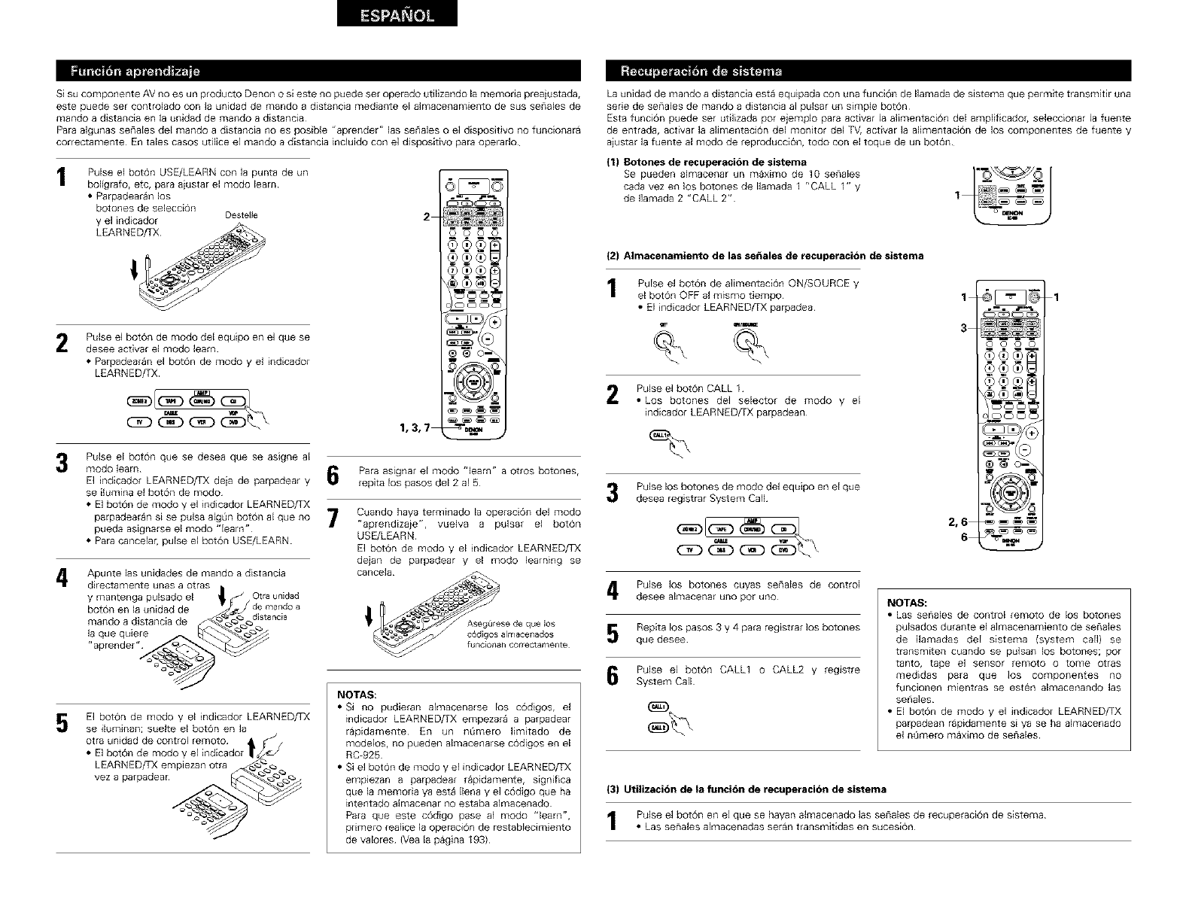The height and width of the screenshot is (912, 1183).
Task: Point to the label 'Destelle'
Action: pyautogui.click(x=241, y=215)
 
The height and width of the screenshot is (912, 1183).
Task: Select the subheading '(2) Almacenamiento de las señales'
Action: pyautogui.click(x=765, y=256)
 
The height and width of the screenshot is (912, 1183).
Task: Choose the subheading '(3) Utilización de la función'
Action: pyautogui.click(x=746, y=789)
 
